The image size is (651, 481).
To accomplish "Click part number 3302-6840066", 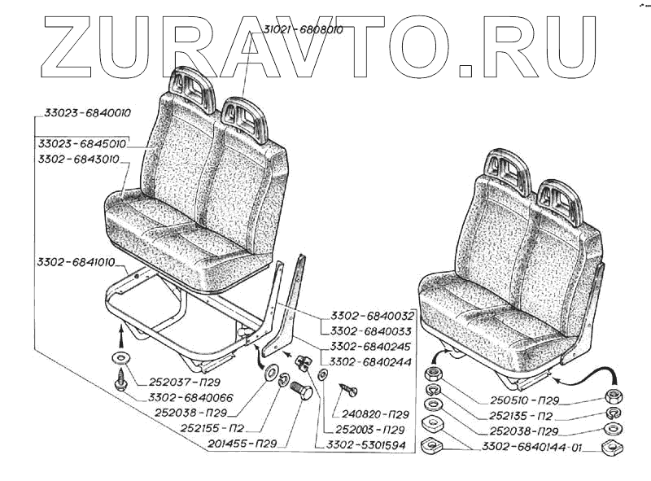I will click(x=189, y=398).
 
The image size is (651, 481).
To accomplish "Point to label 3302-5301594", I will click(x=360, y=445).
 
